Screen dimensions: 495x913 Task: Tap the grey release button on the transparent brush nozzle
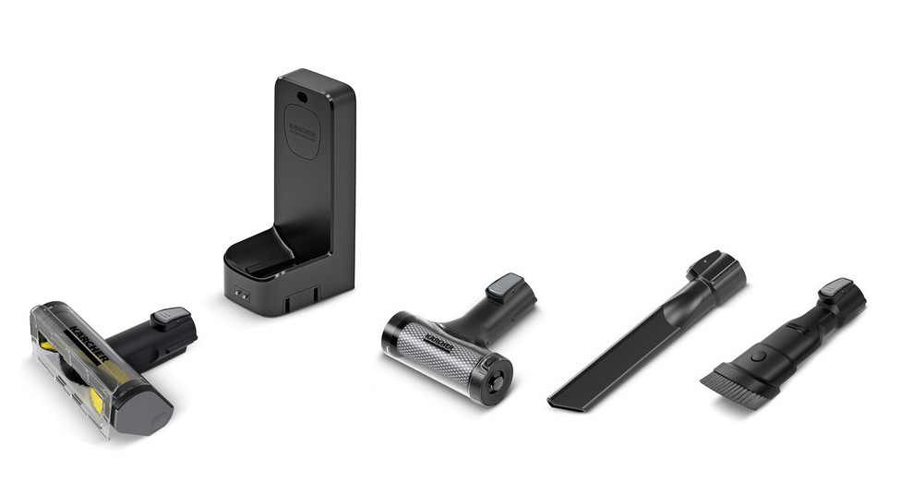(x=171, y=317)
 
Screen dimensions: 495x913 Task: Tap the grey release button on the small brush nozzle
(x=835, y=286)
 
